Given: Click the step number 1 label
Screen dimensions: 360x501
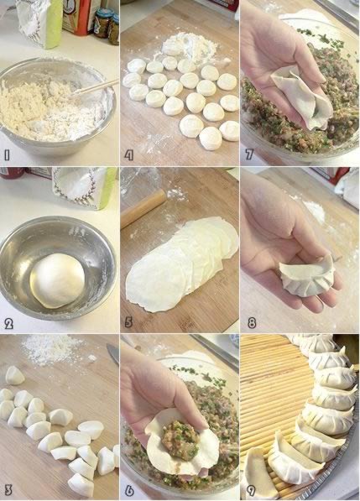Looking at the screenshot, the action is [7, 155].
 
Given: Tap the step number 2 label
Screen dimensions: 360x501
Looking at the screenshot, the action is [8, 324].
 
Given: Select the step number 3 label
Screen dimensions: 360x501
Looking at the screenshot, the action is [8, 490].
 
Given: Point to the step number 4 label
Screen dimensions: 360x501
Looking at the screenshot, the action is [128, 155].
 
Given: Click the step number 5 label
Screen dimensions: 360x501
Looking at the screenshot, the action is [128, 322].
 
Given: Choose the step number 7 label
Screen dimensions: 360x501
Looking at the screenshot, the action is [249, 154].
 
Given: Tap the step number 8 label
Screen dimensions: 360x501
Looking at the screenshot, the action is [252, 323].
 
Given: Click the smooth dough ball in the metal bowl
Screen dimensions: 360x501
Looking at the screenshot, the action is [58, 281].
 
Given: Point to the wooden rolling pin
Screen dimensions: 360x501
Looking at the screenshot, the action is [143, 208].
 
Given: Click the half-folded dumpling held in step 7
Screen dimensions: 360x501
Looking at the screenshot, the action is [301, 97].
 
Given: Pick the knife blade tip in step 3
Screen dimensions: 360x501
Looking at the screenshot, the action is [108, 347].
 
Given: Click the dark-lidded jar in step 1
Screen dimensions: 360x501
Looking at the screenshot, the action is [103, 23].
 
